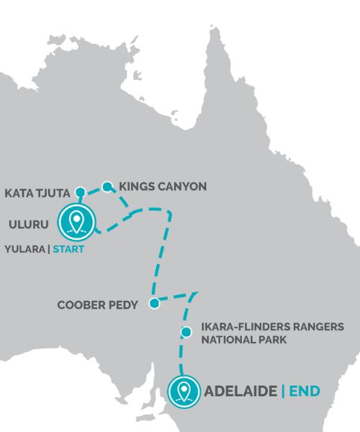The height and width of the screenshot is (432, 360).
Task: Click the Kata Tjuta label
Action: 36,193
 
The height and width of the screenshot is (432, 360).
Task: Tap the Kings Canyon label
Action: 163,186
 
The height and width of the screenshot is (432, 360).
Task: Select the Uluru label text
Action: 28,224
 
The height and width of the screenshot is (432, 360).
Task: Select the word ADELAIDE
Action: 240,392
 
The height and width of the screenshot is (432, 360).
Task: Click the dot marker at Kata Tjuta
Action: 81,192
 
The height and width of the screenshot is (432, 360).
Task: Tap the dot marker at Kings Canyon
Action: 107,186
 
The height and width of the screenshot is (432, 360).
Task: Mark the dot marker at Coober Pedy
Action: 153,304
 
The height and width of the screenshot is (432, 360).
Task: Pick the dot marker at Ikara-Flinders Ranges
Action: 186,332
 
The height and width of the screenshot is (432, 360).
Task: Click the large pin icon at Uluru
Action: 77,220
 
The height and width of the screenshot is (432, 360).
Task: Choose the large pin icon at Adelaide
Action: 184,391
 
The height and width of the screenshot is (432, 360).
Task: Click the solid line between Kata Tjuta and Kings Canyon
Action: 94,189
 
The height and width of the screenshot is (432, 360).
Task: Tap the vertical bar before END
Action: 283,392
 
